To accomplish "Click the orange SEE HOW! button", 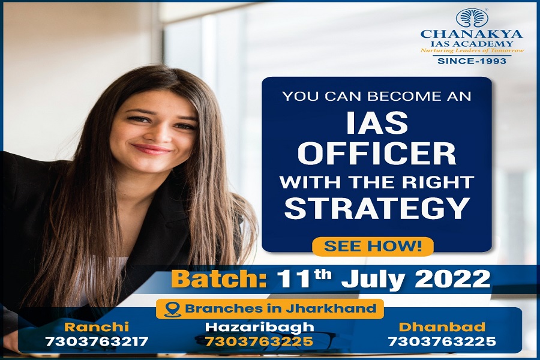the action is pos(373,247).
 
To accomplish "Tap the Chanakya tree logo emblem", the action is pos(472,18).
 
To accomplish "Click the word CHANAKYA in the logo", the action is pos(472,34).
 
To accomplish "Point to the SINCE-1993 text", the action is pos(472,61).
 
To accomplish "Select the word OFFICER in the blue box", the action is pos(376,154).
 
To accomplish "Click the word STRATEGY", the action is pos(377,208).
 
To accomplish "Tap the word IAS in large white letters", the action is pos(377,123).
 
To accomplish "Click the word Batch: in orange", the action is pos(219,278).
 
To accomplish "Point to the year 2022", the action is pos(452,278).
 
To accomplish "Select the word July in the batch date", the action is pos(372,280).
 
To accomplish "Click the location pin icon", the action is pos(172,310).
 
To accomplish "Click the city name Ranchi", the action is pos(97,326).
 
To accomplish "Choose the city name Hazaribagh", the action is pos(260,327).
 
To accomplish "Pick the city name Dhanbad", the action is pos(442,326).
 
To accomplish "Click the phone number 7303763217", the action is pos(97,341).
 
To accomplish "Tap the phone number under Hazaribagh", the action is pos(259,341).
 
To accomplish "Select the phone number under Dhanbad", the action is pos(442,341).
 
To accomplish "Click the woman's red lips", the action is pos(152,149).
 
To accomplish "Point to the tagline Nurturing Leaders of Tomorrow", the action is pos(472,50).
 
